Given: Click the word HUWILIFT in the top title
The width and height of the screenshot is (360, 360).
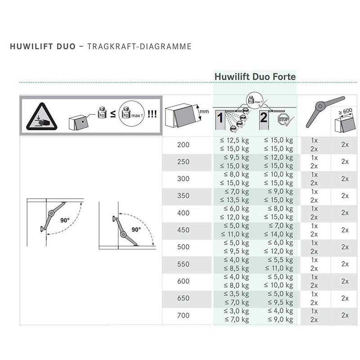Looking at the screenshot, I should point(29,46).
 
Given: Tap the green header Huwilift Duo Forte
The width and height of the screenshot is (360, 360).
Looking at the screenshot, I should point(255,76).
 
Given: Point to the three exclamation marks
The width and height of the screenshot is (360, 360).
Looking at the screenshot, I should point(152,114).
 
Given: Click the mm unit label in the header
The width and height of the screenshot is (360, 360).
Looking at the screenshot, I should point(205,111).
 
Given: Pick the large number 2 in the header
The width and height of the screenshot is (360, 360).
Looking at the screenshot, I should point(264,118).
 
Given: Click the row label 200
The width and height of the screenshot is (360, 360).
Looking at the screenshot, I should point(184,144).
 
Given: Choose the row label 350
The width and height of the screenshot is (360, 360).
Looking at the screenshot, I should point(184,196).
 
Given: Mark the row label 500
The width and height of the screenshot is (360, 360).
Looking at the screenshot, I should point(184,247).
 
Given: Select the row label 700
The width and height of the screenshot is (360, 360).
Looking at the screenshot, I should point(184,315).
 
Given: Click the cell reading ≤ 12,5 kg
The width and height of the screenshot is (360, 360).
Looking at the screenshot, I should point(234,140).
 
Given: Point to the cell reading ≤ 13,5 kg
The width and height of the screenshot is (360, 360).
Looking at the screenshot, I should point(234,200).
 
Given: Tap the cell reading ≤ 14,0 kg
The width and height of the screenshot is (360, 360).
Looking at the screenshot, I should point(278,234).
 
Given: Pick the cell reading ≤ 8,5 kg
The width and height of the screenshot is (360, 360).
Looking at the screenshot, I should point(235,269).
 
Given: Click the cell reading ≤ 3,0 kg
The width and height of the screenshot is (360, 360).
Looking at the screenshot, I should point(235,311).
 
